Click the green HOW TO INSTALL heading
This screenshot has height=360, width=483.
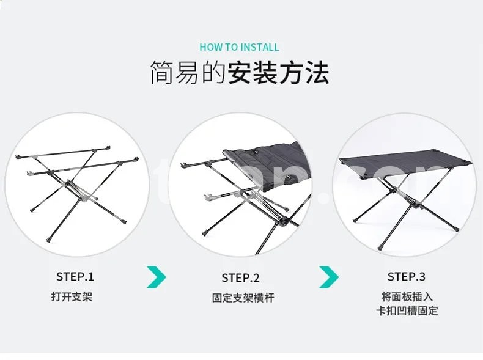pyautogui.click(x=239, y=47)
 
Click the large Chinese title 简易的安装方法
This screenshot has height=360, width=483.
pyautogui.click(x=239, y=73)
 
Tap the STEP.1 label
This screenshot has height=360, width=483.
pyautogui.click(x=75, y=276)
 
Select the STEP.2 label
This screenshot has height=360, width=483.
pyautogui.click(x=240, y=277)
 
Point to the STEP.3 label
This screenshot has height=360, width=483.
pyautogui.click(x=407, y=276)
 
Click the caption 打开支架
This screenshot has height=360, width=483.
pyautogui.click(x=72, y=297)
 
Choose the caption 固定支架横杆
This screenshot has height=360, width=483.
pyautogui.click(x=243, y=298)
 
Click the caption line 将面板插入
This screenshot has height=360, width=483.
pyautogui.click(x=407, y=296)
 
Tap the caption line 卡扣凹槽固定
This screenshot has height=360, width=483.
pyautogui.click(x=407, y=310)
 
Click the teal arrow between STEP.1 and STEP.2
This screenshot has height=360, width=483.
pyautogui.click(x=157, y=277)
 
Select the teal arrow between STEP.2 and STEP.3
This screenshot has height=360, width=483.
pyautogui.click(x=330, y=277)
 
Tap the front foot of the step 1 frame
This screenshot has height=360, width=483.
pyautogui.click(x=49, y=239)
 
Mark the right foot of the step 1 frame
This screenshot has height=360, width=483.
pyautogui.click(x=124, y=221)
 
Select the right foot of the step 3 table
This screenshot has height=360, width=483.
pyautogui.click(x=456, y=228)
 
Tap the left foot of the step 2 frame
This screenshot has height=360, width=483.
pyautogui.click(x=204, y=232)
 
